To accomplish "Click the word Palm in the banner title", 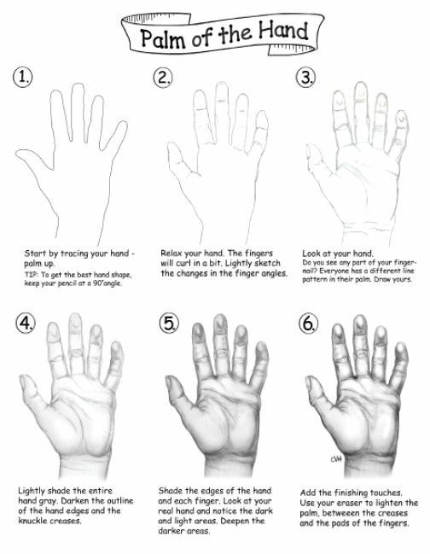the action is click(163, 38).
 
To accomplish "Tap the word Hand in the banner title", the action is click(283, 30).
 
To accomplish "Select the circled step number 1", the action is click(23, 77).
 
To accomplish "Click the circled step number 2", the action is click(163, 77).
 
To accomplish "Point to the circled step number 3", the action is click(305, 77).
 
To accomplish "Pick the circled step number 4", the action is click(26, 323).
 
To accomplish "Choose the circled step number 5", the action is click(169, 323).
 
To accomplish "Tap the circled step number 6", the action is click(309, 323).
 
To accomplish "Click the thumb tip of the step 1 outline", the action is click(17, 153).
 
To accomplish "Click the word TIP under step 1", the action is click(29, 275).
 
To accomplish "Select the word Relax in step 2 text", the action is click(172, 253).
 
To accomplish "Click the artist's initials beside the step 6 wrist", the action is click(336, 458).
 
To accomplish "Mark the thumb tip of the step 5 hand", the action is click(168, 379).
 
